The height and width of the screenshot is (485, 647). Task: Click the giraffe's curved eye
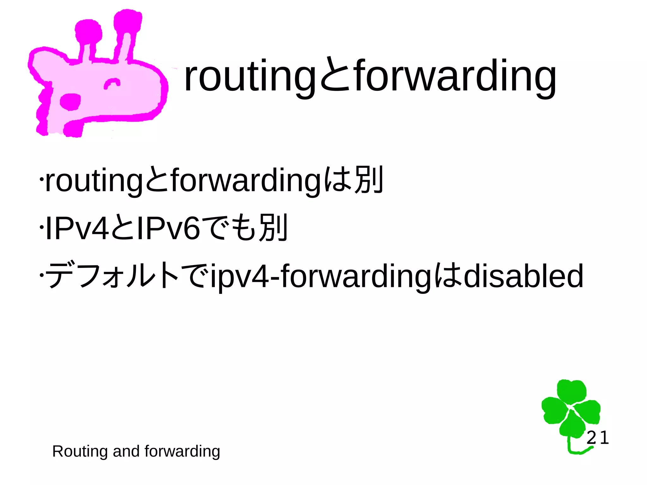[112, 83]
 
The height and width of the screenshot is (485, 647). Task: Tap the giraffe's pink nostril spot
[70, 102]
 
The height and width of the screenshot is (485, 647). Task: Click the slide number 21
[597, 438]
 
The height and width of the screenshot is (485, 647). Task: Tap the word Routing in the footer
[80, 451]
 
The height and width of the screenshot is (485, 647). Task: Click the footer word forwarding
[182, 451]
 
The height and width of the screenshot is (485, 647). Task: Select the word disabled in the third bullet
[523, 276]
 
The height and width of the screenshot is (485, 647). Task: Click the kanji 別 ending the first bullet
[369, 180]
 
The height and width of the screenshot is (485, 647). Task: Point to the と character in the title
[335, 76]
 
